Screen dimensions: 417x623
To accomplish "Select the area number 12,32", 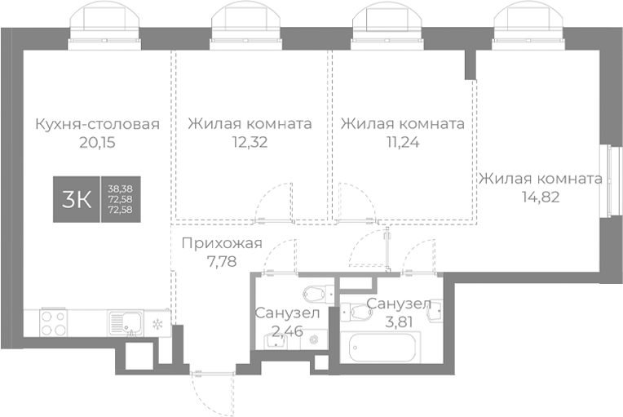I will [x=250, y=142].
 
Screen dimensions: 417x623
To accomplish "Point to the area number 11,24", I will [x=403, y=142].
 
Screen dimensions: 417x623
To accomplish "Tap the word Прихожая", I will [x=221, y=242].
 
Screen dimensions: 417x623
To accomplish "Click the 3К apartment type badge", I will [x=77, y=199].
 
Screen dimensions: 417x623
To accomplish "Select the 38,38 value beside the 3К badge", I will [x=119, y=189].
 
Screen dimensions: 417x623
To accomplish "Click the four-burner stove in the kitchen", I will [x=53, y=323].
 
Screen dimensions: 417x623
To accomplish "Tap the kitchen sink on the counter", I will [x=125, y=323].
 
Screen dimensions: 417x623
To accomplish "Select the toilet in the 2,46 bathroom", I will [x=315, y=294].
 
